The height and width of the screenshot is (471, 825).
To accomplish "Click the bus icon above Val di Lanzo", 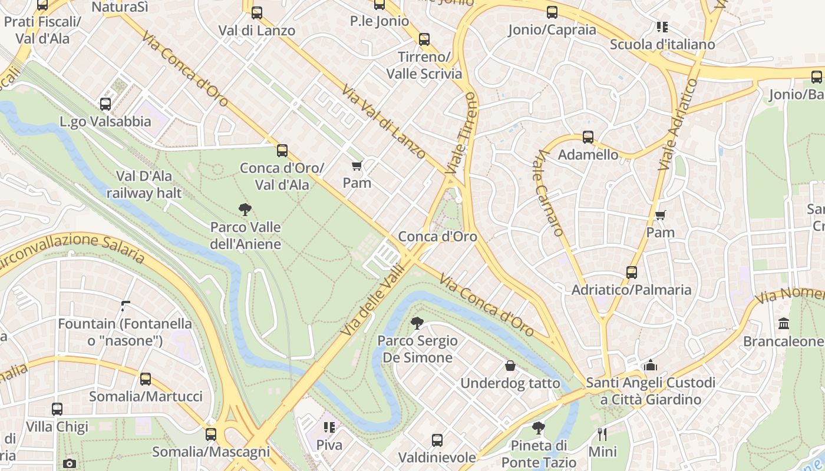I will click(x=257, y=12).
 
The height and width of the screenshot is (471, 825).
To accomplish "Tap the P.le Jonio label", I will click(x=379, y=21).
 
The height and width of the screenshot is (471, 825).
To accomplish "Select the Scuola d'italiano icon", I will click(x=662, y=26).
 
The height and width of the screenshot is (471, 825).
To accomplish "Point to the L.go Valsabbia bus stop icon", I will click(x=105, y=104).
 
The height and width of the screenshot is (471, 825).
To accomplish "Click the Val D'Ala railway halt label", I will click(x=144, y=184).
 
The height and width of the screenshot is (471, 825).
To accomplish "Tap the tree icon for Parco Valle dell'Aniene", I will click(x=245, y=209).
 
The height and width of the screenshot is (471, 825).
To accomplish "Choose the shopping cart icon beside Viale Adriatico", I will click(x=661, y=215).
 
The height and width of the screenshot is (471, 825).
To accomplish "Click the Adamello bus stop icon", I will click(x=588, y=137).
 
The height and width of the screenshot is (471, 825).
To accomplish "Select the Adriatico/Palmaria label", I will click(x=631, y=290).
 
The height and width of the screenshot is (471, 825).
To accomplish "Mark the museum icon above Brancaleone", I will click(x=784, y=324).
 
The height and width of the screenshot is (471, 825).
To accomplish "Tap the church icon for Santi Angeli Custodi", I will click(x=651, y=365).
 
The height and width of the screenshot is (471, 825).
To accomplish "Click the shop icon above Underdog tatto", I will click(x=510, y=366).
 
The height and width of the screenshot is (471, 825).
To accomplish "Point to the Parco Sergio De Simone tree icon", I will click(x=417, y=323).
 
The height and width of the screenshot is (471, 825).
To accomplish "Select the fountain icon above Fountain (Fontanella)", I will click(x=125, y=306).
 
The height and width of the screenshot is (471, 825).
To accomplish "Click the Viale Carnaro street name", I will click(x=550, y=193).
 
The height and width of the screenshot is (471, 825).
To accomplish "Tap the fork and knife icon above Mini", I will click(x=602, y=434).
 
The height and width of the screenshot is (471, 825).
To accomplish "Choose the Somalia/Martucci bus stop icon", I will click(x=146, y=379).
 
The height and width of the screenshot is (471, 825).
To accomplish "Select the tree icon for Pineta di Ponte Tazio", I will click(x=538, y=427).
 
